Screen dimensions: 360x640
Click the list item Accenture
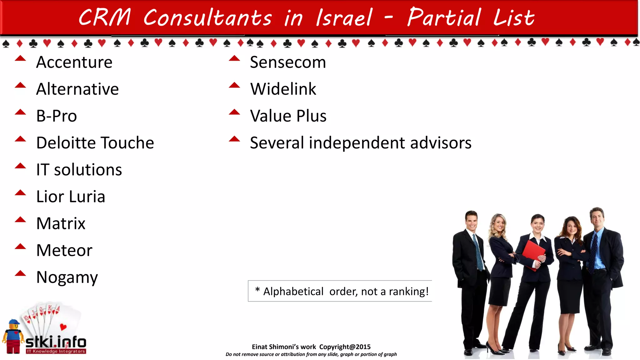coord(74,62)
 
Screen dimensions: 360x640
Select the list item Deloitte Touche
coord(95,143)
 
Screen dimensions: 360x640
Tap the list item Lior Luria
coord(71,197)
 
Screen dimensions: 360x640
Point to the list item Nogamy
coord(67,277)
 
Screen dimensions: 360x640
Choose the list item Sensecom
coord(288,62)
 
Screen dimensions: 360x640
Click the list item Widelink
coord(283,89)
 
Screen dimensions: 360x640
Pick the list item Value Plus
coord(288,116)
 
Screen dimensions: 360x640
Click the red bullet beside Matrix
coord(20,220)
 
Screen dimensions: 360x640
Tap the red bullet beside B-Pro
coord(20,112)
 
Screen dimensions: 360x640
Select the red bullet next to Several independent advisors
coord(234,139)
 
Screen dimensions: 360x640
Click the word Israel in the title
coord(344,17)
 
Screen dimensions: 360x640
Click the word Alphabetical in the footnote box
coord(293,292)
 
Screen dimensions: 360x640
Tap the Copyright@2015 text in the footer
coord(345,347)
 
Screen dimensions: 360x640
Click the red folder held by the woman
coord(533,253)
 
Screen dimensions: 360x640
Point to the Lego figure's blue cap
coord(14,322)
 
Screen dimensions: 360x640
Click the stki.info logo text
coord(56,342)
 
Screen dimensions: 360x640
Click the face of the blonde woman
coord(499,223)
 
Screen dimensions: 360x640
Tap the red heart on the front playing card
coord(63,327)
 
